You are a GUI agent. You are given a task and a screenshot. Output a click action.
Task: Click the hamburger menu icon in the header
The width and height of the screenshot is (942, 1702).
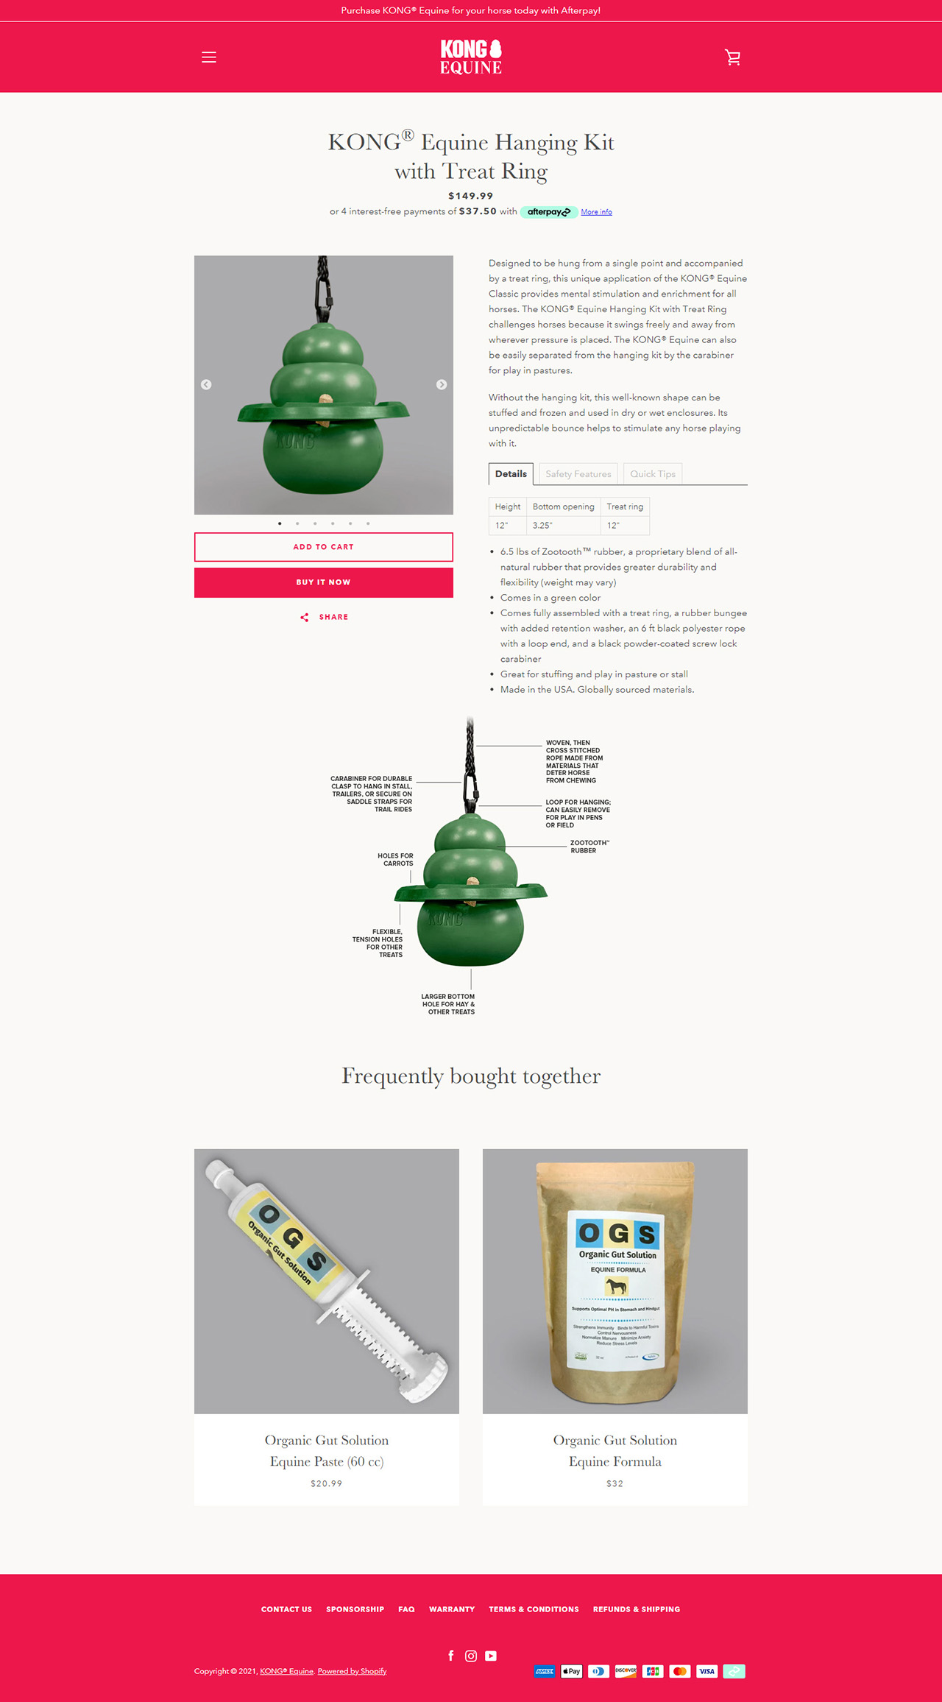click(x=209, y=57)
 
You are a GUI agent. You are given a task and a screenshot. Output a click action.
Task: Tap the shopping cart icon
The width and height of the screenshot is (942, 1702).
click(x=732, y=57)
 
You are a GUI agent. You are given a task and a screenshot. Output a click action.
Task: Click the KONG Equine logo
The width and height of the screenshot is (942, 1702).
click(x=471, y=57)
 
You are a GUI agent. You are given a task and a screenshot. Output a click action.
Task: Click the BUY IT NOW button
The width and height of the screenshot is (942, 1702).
click(x=324, y=582)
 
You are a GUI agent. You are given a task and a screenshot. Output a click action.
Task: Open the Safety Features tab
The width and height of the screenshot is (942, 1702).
click(x=578, y=474)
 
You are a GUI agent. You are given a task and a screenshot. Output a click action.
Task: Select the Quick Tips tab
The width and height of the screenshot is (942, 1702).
click(x=652, y=474)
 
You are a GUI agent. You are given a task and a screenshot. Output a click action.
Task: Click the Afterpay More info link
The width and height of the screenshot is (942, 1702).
click(x=596, y=212)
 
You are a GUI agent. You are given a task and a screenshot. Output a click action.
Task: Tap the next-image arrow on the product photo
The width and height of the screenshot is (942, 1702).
click(x=442, y=385)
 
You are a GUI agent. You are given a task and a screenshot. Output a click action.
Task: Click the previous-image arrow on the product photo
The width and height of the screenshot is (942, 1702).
click(x=206, y=385)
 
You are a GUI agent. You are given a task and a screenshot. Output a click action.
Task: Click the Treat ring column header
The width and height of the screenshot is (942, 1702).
click(x=625, y=506)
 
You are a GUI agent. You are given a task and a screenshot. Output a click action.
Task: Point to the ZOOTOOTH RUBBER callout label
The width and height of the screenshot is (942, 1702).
click(x=589, y=847)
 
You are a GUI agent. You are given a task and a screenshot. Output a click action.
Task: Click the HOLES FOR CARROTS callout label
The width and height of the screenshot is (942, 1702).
click(x=396, y=860)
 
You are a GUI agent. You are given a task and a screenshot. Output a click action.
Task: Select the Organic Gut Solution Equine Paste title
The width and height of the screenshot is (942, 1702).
click(x=327, y=1451)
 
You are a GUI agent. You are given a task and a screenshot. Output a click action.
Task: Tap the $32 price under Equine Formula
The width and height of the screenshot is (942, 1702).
click(x=615, y=1484)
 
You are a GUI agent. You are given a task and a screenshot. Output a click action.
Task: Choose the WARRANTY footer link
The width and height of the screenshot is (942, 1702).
click(x=452, y=1609)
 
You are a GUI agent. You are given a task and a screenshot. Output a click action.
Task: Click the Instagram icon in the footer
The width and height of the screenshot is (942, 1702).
click(x=471, y=1656)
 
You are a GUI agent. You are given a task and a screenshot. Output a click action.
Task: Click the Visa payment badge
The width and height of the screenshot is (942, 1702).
click(x=706, y=1672)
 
